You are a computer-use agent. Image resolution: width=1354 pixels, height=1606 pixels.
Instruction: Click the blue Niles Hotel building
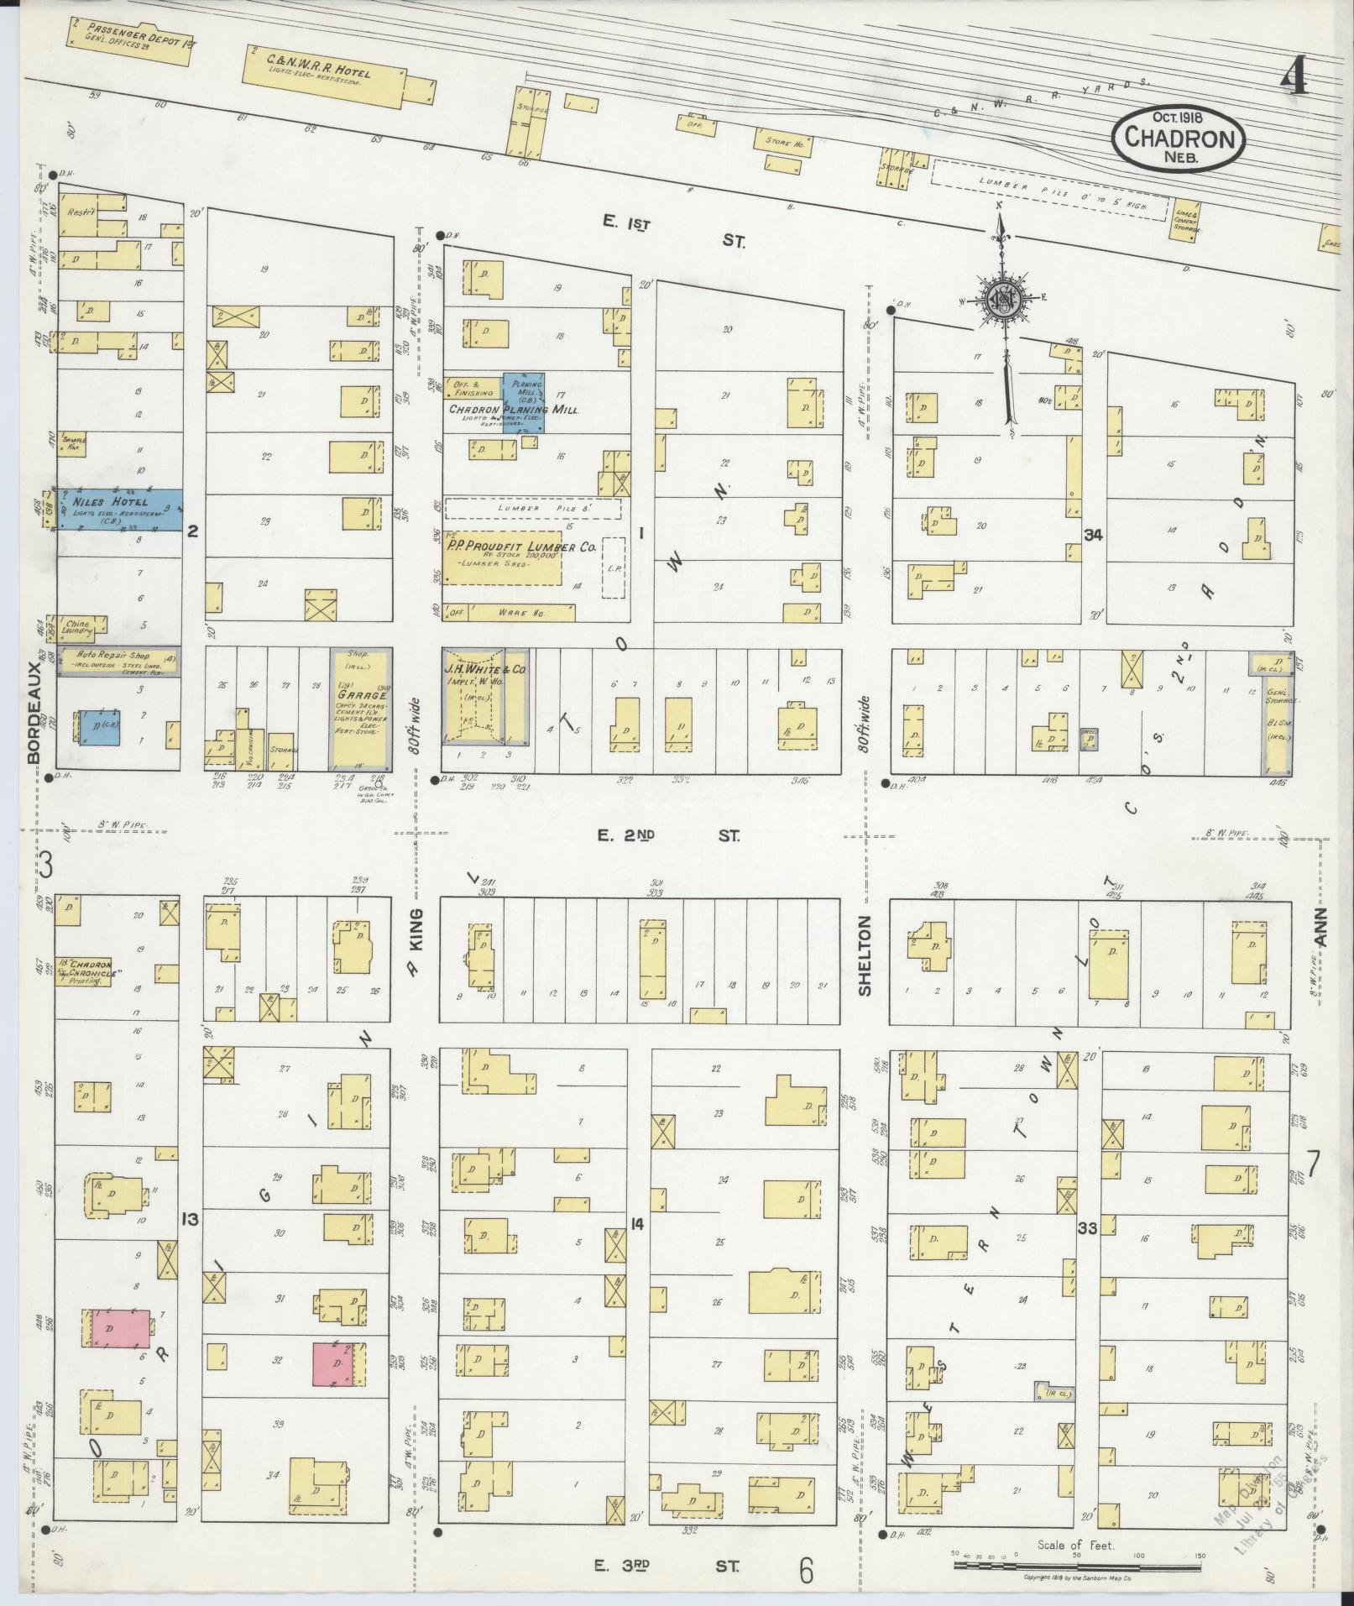[118, 510]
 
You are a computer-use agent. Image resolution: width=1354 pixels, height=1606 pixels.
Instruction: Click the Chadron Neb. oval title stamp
[1179, 139]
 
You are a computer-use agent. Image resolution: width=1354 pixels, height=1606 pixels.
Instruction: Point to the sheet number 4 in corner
[1294, 80]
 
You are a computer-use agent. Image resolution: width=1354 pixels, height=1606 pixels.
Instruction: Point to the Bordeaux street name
[34, 713]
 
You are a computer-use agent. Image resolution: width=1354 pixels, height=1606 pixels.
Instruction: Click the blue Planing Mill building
[523, 400]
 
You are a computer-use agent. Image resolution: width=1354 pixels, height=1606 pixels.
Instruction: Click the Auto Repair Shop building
[118, 662]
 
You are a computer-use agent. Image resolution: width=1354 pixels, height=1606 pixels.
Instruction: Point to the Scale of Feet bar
[1077, 1567]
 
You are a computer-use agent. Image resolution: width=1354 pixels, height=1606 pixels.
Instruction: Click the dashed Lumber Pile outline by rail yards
[1049, 191]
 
